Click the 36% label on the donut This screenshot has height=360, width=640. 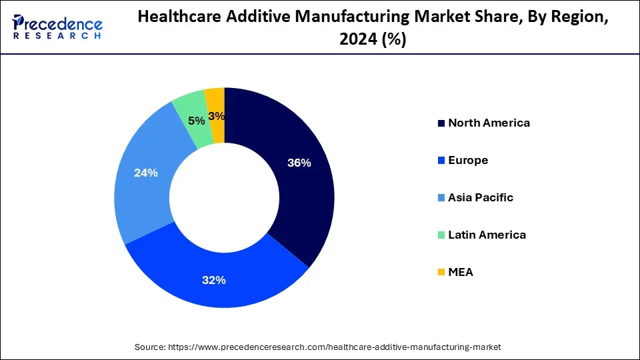click(299, 163)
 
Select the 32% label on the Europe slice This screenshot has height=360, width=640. click(214, 280)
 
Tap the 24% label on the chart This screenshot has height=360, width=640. click(145, 173)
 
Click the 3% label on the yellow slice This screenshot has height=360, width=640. click(216, 116)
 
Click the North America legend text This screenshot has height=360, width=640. click(489, 123)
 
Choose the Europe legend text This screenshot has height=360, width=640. click(468, 160)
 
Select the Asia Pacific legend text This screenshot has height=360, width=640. click(481, 197)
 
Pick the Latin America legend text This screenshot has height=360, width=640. click(487, 235)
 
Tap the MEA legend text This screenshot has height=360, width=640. click(461, 272)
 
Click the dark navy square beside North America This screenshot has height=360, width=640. click(441, 123)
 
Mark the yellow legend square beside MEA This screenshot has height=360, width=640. click(441, 273)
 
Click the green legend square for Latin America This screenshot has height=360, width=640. click(441, 235)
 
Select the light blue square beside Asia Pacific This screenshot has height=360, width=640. click(441, 198)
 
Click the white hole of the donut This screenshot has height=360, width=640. click(224, 197)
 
